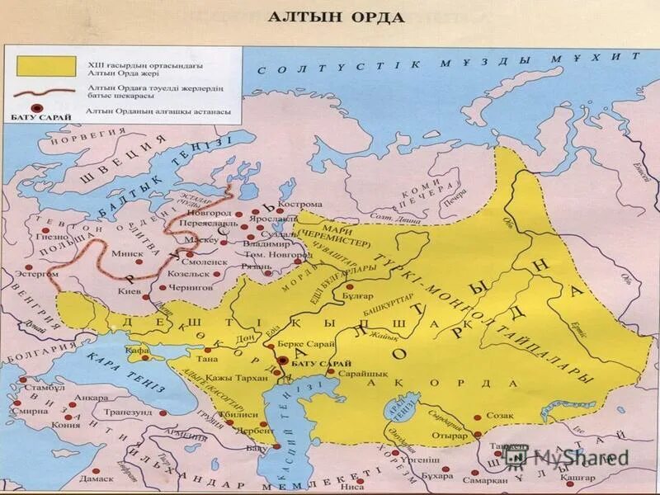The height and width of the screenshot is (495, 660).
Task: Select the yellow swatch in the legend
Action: [45, 64]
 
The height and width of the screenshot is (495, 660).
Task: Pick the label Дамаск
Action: [95, 478]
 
